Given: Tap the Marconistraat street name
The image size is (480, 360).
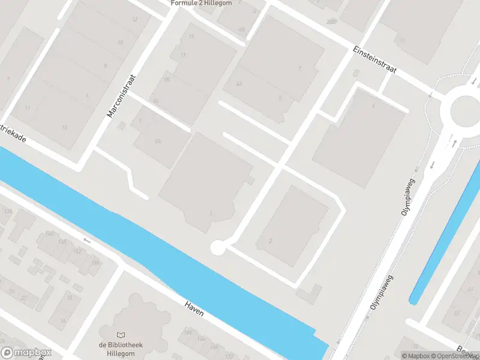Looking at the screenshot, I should pos(122,95).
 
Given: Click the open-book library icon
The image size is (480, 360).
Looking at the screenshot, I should pos(122,335).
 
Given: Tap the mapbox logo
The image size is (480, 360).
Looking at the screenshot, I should pos(26,353).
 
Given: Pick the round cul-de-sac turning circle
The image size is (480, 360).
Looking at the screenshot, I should pos(217,247).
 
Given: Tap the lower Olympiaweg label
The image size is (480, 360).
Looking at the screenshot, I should pos(382,292).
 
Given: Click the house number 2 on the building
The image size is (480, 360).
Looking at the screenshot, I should pos(271,241).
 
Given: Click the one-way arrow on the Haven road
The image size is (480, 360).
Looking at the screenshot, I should pos(87,241).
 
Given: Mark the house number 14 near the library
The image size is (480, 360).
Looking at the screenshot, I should pos(62,321).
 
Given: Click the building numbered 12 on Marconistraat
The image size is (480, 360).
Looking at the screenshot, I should pos(134,20).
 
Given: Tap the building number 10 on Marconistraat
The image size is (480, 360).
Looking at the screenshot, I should pos(120,42).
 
